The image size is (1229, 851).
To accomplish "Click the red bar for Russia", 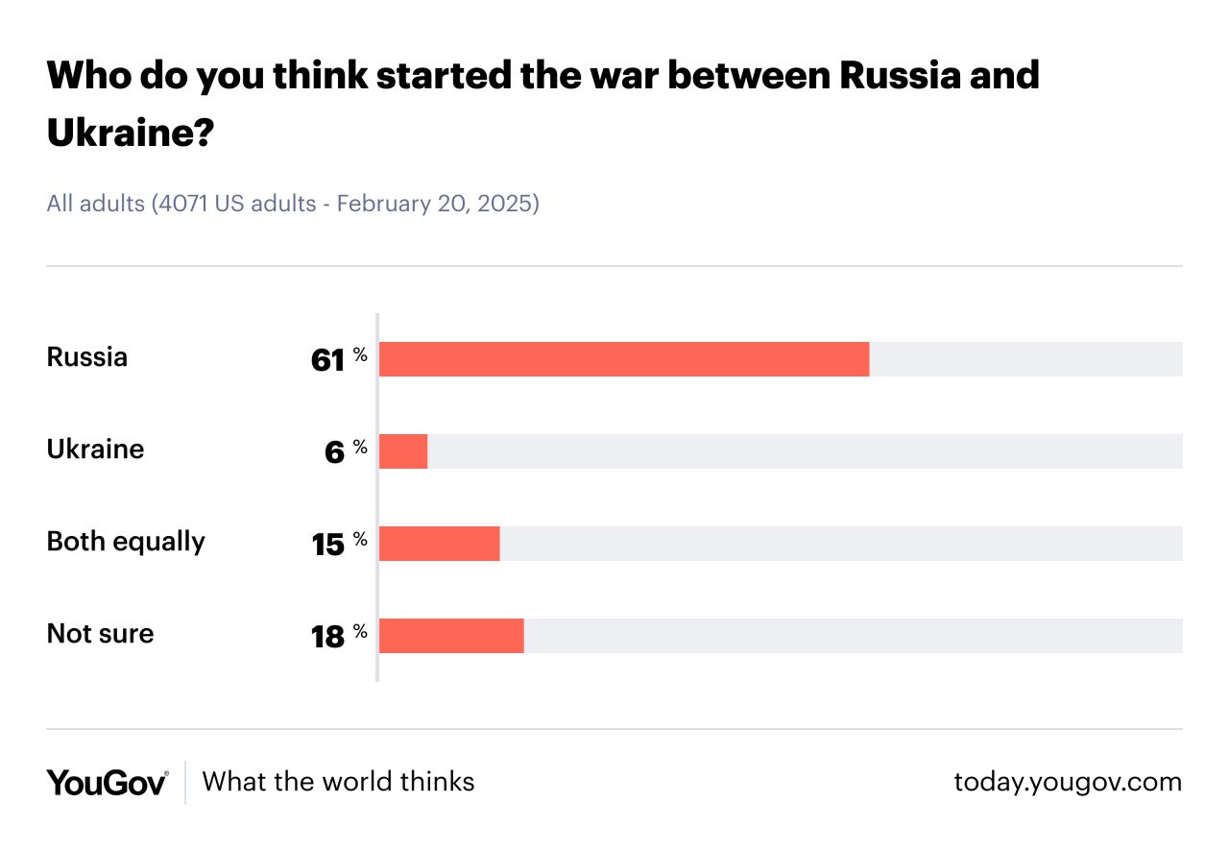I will coord(624,359).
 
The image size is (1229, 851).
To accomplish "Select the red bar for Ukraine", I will coord(403,451).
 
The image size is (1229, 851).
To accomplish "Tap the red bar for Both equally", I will coord(440,544).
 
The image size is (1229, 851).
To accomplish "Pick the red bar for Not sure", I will coord(451,636).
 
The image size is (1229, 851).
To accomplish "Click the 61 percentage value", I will coord(328,360).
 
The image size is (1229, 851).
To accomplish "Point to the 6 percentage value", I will coord(334,452).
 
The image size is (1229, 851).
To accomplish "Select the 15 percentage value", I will coord(328,545).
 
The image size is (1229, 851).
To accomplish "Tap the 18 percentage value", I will coord(328,637).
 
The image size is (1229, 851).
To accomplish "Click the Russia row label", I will coord(87,357).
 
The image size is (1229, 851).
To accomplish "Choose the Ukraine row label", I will coord(96,450).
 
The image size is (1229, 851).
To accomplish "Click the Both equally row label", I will coord(126,542).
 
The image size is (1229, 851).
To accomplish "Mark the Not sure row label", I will coord(101,634).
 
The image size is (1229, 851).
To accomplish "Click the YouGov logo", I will coord(108,782).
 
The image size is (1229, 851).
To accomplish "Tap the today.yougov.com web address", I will coord(1068,782).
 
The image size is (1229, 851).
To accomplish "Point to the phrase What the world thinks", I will coord(339,781).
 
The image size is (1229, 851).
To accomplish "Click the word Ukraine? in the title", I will coord(130,134).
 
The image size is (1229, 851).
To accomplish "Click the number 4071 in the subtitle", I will coord(185,204).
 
